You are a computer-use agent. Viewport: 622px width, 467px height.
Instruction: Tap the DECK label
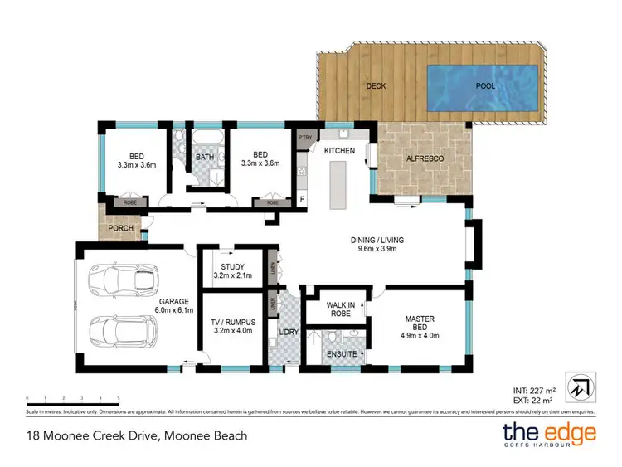377,85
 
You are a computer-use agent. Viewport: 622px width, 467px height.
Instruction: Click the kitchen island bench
338,185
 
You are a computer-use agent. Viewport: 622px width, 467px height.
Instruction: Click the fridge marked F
303,199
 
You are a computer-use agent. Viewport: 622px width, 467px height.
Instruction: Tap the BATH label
205,157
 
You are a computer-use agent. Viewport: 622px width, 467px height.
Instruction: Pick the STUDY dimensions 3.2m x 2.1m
232,275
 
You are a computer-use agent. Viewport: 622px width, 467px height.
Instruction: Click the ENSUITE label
342,354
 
